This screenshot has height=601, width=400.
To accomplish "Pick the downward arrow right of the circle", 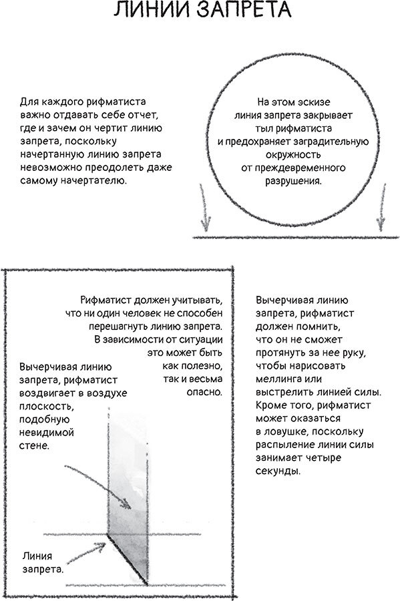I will click(381, 207).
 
